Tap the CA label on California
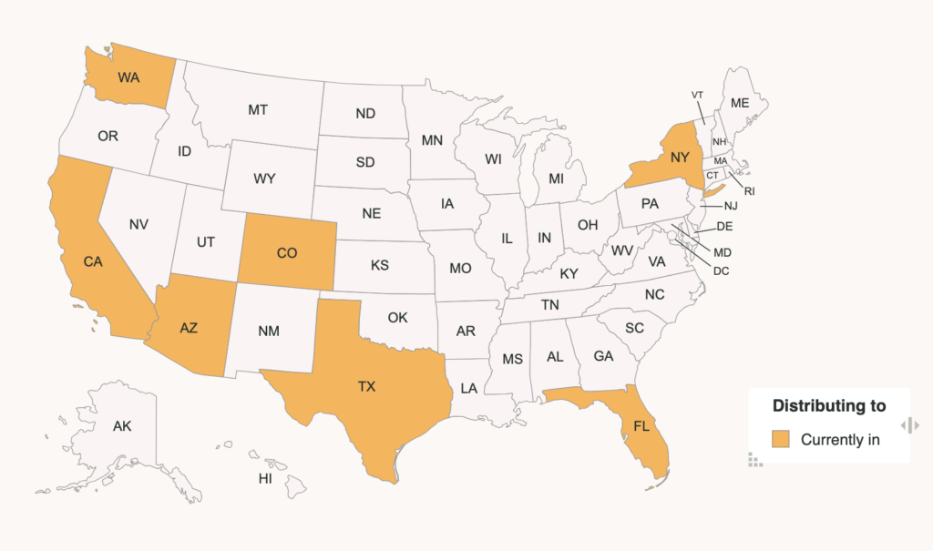click(x=93, y=261)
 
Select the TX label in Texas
click(x=366, y=387)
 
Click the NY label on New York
click(x=680, y=157)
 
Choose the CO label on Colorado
click(x=286, y=253)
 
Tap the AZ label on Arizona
click(x=189, y=329)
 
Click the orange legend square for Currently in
click(x=781, y=440)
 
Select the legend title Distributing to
click(x=828, y=405)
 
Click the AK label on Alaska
click(x=122, y=426)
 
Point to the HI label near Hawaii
click(x=265, y=478)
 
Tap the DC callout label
click(x=722, y=270)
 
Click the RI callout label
click(x=750, y=191)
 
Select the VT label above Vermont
click(x=698, y=95)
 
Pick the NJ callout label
click(x=731, y=206)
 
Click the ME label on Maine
click(x=739, y=104)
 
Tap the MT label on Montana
click(x=258, y=109)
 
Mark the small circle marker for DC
click(x=672, y=235)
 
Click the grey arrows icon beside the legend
click(x=909, y=425)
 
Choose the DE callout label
click(x=725, y=227)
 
